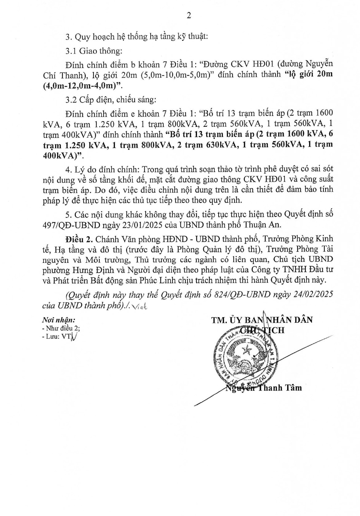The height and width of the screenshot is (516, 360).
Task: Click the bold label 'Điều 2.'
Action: [75, 239]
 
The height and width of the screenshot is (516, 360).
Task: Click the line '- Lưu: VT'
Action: [57, 337]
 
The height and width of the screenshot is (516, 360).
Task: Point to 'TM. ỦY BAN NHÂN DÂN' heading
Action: [262, 320]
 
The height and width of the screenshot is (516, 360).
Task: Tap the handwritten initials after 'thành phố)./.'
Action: [139, 306]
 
